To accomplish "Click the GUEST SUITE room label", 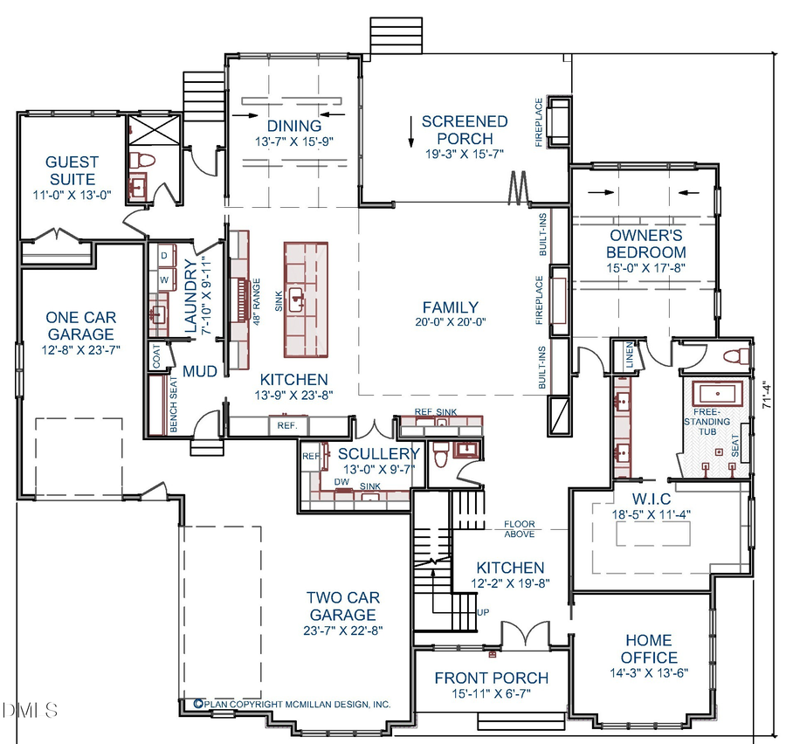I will [x=72, y=169].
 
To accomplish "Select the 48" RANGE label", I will [x=258, y=300].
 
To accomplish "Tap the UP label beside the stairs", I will [x=482, y=611].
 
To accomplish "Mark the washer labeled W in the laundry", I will [x=163, y=279].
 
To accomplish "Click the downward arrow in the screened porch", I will [x=409, y=129].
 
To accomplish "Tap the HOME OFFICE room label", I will [x=649, y=648].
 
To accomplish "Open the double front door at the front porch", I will [x=522, y=635].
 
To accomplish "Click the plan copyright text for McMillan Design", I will [x=292, y=704].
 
